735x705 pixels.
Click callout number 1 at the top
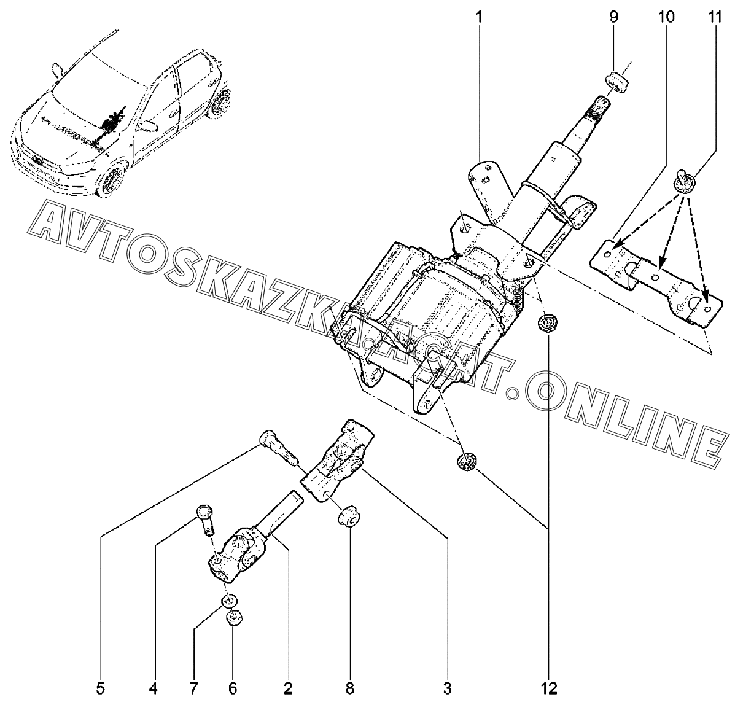(478, 17)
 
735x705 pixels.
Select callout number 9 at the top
(613, 17)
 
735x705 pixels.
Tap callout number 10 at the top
(666, 17)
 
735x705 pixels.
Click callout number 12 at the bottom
(548, 688)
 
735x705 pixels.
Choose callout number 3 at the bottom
(447, 688)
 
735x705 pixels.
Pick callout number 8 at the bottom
(349, 688)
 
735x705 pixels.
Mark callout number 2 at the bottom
(288, 688)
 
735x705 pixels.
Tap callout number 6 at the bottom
(233, 688)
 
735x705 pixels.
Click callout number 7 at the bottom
(193, 688)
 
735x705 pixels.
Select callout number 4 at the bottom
(153, 688)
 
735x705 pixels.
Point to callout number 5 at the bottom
(100, 688)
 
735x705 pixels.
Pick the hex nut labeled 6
(233, 619)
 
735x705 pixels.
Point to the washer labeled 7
(229, 601)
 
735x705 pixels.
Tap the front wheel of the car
(111, 179)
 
